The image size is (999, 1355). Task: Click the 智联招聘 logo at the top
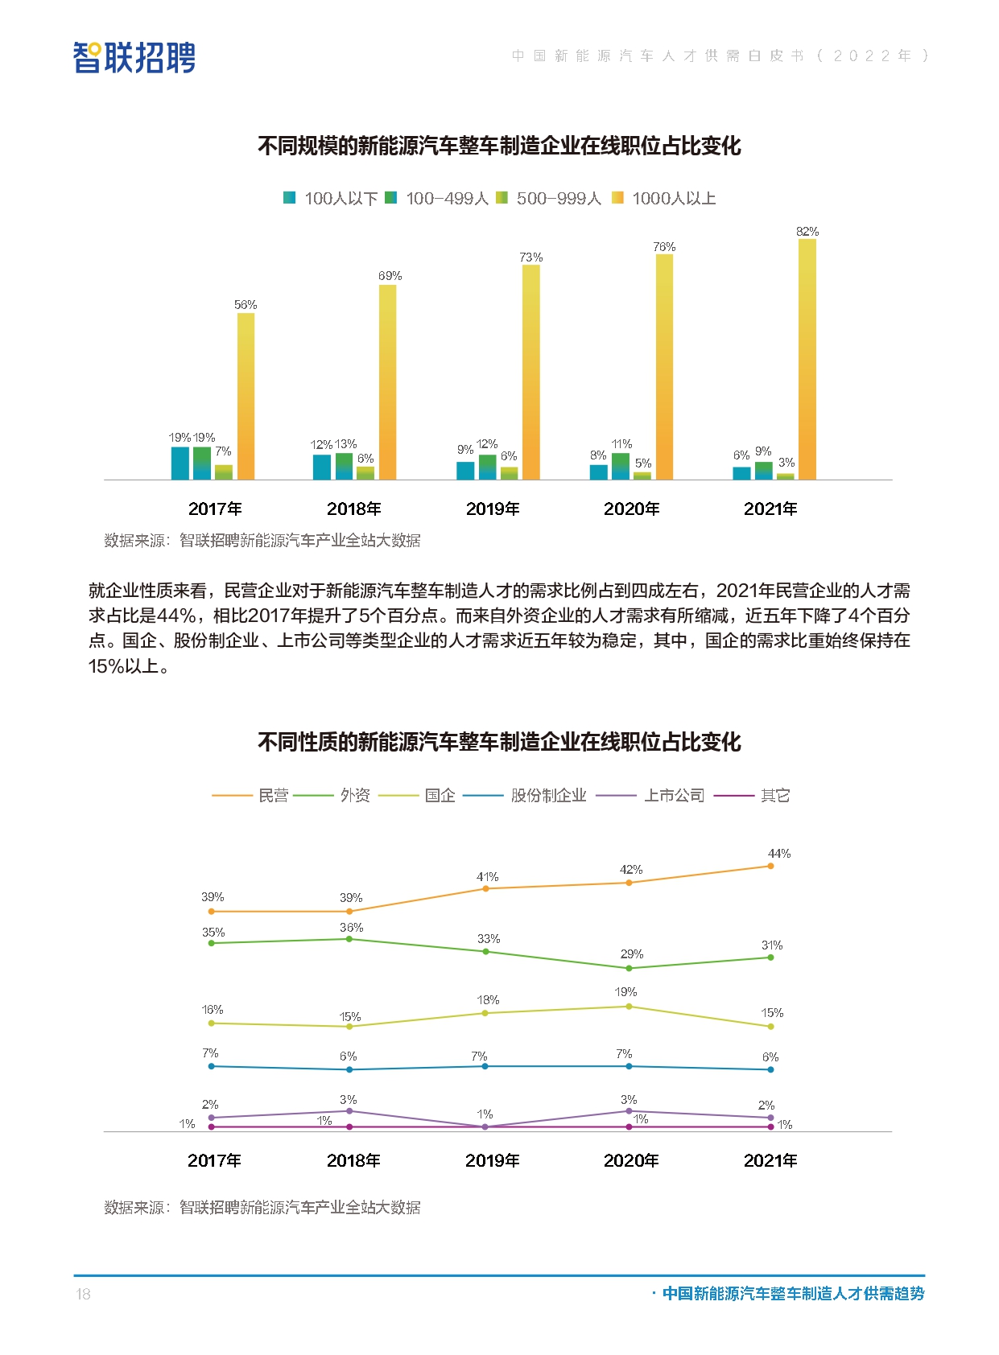pyautogui.click(x=134, y=57)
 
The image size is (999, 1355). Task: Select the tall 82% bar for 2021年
pyautogui.click(x=807, y=359)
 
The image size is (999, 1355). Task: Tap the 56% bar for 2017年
pyautogui.click(x=246, y=396)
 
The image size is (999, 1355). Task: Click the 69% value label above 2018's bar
pyautogui.click(x=390, y=276)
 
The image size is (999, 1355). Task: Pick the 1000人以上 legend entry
pyautogui.click(x=664, y=198)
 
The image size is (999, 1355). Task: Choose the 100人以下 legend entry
pyautogui.click(x=331, y=198)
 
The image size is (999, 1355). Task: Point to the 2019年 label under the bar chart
pyautogui.click(x=493, y=509)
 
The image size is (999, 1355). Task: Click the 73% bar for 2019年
pyautogui.click(x=530, y=372)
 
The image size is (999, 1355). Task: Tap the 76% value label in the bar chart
pyautogui.click(x=664, y=247)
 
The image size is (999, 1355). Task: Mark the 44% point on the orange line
pyautogui.click(x=770, y=866)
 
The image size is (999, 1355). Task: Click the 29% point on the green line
pyautogui.click(x=629, y=968)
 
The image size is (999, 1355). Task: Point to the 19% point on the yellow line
pyautogui.click(x=629, y=1007)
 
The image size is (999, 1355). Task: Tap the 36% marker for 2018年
pyautogui.click(x=349, y=939)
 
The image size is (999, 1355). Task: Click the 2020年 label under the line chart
pyautogui.click(x=631, y=1160)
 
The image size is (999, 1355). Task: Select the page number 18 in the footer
pyautogui.click(x=83, y=1294)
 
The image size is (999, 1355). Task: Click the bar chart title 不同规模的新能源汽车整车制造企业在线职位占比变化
pyautogui.click(x=499, y=146)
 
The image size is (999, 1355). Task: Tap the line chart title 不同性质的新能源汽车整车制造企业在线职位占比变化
pyautogui.click(x=499, y=742)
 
